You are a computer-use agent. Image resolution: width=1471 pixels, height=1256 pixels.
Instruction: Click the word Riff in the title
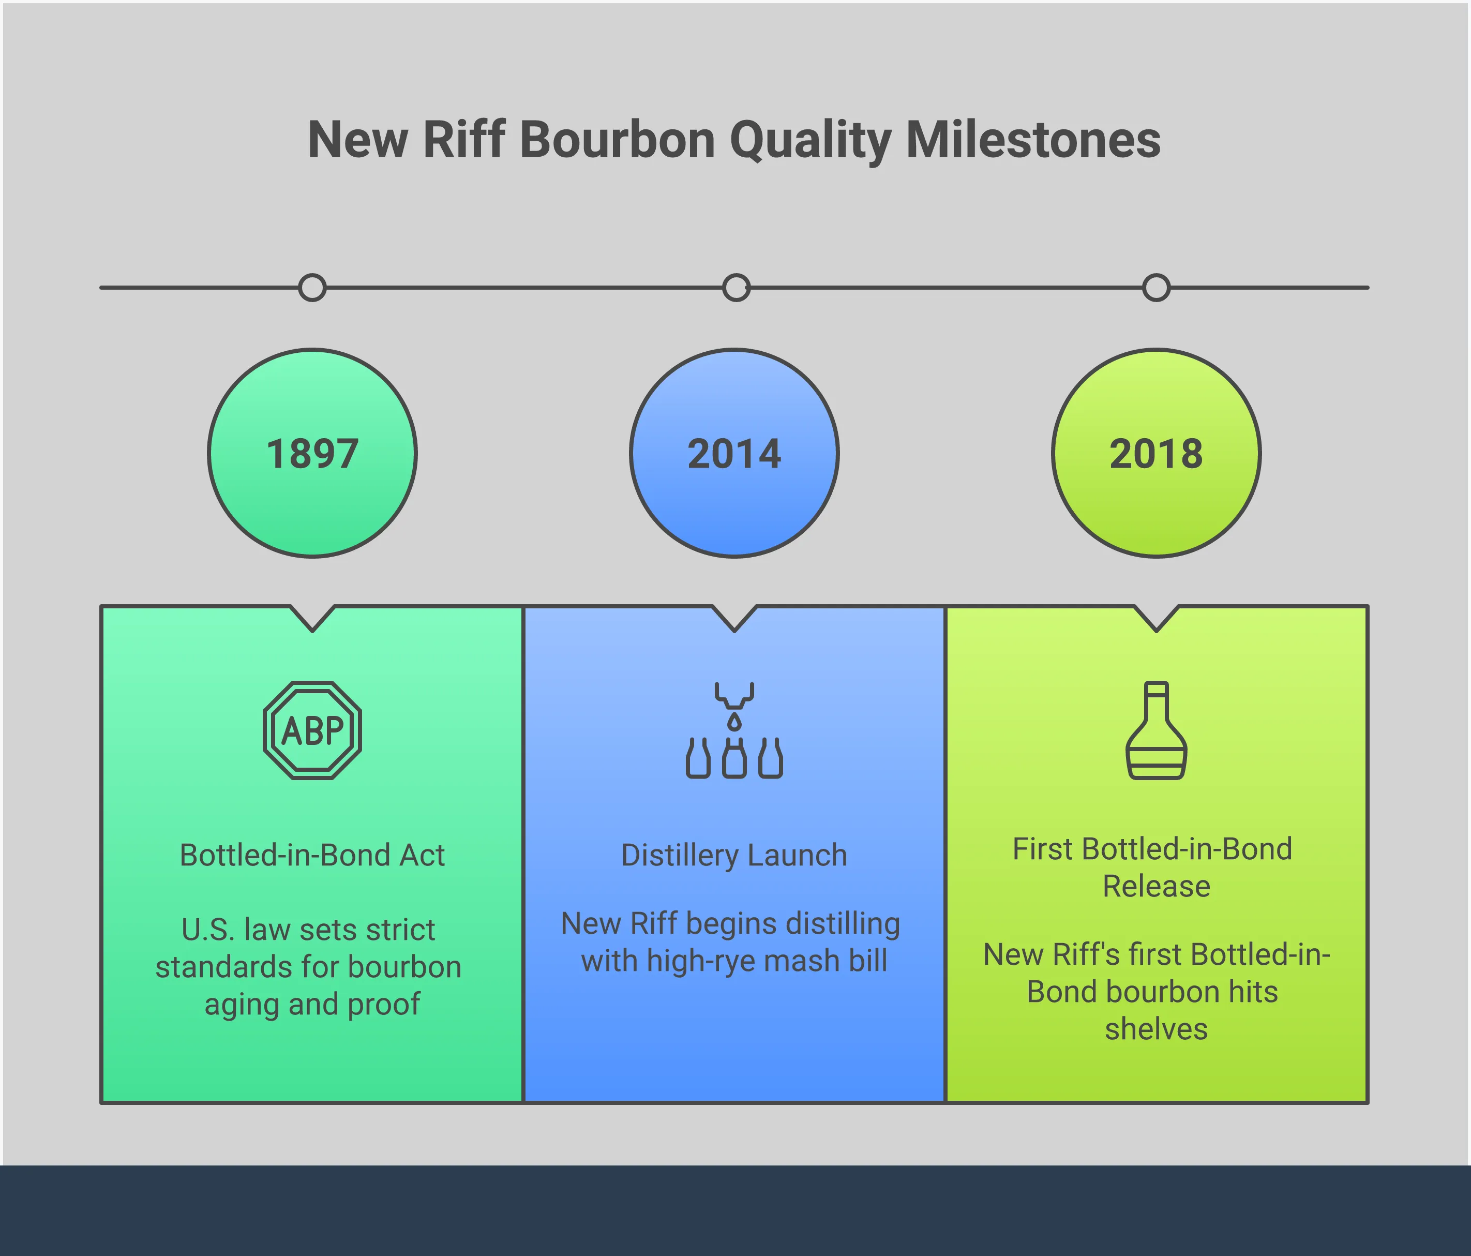click(463, 139)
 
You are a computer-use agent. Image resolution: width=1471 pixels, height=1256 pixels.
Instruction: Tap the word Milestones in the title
click(1033, 139)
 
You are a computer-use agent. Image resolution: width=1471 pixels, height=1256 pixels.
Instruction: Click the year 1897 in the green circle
click(312, 454)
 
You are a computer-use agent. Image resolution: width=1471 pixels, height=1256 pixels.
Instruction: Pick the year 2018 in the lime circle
click(1156, 454)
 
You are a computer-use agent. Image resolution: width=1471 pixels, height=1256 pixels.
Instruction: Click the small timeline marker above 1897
click(312, 288)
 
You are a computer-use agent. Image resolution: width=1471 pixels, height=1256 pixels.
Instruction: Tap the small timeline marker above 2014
click(735, 288)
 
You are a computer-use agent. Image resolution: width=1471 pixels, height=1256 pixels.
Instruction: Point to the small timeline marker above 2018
click(1156, 288)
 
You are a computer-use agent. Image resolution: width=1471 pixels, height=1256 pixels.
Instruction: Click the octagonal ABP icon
click(312, 730)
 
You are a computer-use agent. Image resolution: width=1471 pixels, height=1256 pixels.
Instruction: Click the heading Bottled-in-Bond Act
click(312, 855)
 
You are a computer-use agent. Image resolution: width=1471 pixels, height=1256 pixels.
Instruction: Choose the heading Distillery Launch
click(734, 855)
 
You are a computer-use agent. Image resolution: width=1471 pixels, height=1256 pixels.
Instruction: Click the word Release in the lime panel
click(1156, 886)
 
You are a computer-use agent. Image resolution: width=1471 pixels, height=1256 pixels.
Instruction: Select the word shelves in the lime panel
click(1156, 1029)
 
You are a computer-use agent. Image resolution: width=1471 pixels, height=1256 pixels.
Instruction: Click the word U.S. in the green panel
click(207, 930)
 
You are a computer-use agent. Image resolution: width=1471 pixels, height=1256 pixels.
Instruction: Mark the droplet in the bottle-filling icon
click(734, 722)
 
